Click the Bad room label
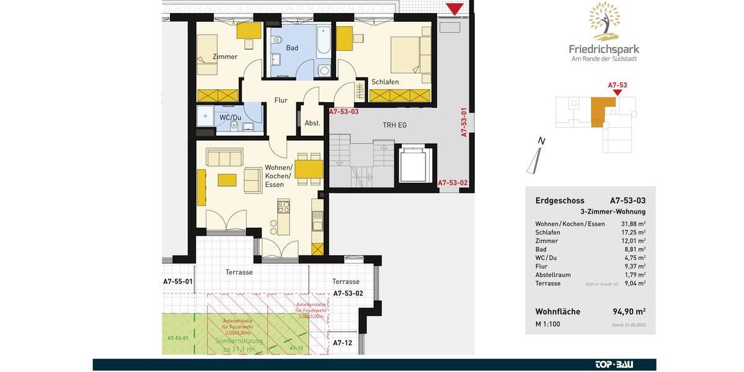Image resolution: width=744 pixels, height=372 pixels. (292, 48)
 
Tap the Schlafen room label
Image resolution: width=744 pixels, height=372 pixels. (384, 82)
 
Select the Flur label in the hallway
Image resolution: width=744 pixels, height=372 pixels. (281, 100)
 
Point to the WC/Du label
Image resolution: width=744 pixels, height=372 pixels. (230, 118)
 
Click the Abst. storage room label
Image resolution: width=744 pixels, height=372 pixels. (312, 123)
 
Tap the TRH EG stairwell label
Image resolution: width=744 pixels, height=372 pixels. (394, 125)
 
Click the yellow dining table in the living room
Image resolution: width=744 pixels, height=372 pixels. (309, 169)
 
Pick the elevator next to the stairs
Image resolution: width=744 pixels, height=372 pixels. (414, 165)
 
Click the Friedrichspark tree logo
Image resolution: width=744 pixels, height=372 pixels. (604, 21)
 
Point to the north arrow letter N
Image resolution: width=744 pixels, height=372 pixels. (541, 141)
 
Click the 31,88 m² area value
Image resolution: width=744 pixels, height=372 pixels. (634, 224)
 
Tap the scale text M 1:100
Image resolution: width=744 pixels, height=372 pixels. (548, 324)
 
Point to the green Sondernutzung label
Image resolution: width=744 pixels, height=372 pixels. (239, 341)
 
